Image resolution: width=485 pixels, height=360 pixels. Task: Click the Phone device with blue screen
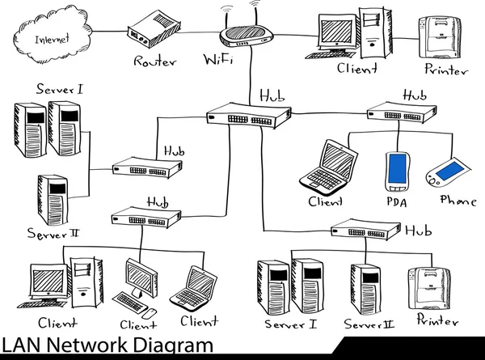pyautogui.click(x=443, y=172)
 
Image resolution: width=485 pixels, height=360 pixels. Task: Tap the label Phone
pyautogui.click(x=457, y=200)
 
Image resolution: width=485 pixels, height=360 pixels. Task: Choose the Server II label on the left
pyautogui.click(x=53, y=234)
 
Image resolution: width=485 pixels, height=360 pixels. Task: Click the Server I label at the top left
pyautogui.click(x=58, y=88)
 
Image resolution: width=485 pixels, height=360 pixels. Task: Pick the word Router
pyautogui.click(x=155, y=61)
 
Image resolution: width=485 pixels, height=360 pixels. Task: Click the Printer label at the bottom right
pyautogui.click(x=436, y=321)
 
